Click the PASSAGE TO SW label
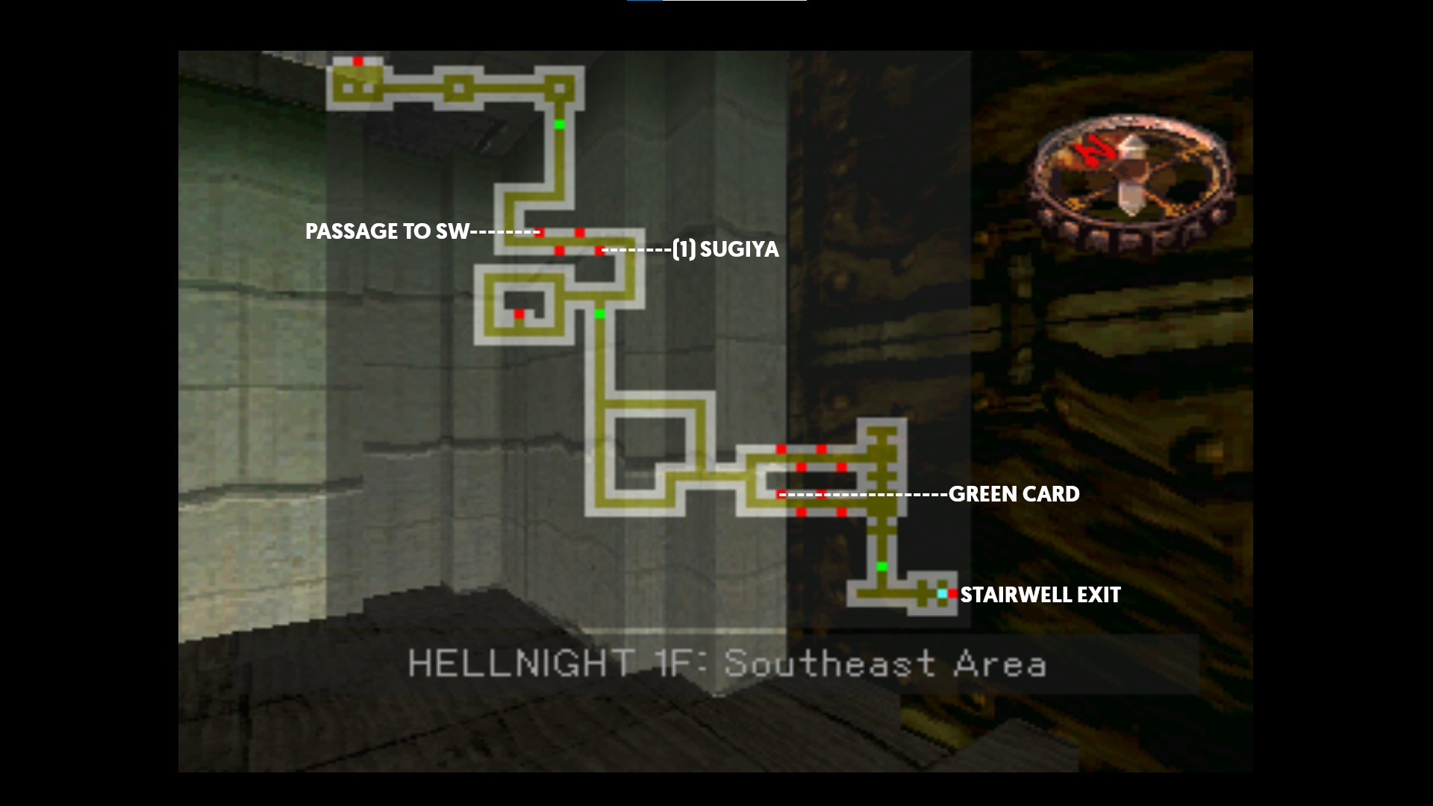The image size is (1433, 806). click(x=387, y=231)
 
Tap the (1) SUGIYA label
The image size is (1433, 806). click(x=725, y=249)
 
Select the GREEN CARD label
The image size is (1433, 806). click(x=1014, y=494)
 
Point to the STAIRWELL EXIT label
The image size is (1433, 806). click(x=1040, y=595)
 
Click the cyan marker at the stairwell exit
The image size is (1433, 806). click(x=942, y=594)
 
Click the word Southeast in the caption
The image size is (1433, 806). click(x=829, y=663)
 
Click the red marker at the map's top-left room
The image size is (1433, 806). click(x=358, y=61)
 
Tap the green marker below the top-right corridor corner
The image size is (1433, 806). click(x=560, y=124)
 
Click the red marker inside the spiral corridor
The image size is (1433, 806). click(x=519, y=314)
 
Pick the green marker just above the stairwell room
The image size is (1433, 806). click(x=881, y=566)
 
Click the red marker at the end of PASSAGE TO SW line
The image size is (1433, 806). click(x=540, y=232)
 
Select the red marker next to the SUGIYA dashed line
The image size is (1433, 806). click(x=599, y=250)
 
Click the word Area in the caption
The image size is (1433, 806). click(x=1000, y=663)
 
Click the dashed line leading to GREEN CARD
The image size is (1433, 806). click(x=866, y=494)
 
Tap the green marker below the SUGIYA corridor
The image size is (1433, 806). click(x=599, y=314)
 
